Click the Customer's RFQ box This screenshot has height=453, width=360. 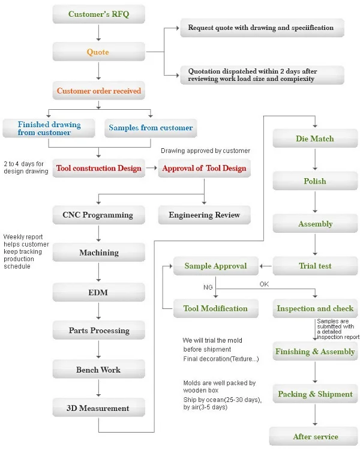(98, 14)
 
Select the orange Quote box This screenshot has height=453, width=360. (98, 52)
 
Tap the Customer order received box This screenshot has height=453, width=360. (98, 91)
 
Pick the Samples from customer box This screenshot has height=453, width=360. (151, 128)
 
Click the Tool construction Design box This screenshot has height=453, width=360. (98, 168)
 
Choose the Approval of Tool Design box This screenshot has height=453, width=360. (204, 168)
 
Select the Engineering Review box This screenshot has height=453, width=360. (204, 215)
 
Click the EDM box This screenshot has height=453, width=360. (98, 292)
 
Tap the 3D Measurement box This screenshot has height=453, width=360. (98, 407)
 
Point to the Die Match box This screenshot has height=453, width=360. (315, 139)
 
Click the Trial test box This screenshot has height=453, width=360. (315, 266)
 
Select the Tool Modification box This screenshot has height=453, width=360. (215, 308)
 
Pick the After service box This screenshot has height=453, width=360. (313, 436)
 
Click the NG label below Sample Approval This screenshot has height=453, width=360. (208, 287)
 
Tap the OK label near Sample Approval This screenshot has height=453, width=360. (264, 284)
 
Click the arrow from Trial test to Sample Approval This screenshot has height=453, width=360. (266, 266)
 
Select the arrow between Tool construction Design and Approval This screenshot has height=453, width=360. (151, 167)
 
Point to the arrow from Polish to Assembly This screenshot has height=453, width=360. (315, 202)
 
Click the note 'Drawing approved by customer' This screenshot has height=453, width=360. (205, 151)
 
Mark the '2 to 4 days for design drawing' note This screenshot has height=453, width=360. (26, 167)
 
